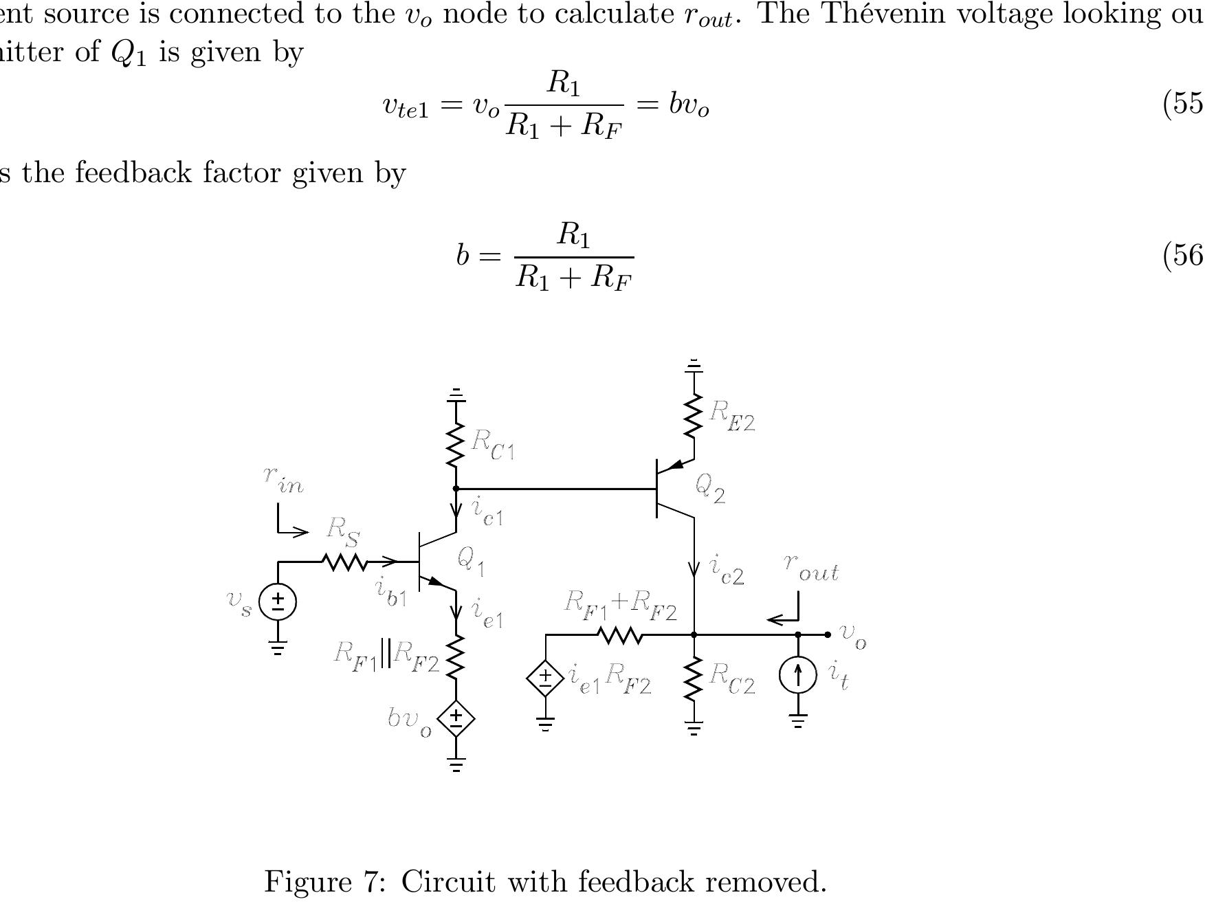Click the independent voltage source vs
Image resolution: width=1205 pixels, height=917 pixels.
[278, 601]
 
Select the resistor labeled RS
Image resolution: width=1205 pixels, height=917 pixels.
[344, 562]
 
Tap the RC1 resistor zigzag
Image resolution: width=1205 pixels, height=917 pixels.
[456, 444]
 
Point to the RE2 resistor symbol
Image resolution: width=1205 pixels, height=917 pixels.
[694, 416]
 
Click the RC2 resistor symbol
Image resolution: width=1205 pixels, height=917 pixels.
[694, 678]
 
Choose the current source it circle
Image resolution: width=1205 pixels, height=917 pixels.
[798, 674]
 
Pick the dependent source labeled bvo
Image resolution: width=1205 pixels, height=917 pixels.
[456, 718]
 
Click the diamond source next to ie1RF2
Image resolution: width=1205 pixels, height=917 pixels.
[545, 678]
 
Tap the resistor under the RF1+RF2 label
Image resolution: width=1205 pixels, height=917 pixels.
[621, 635]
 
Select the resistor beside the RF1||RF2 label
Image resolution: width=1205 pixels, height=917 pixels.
[456, 656]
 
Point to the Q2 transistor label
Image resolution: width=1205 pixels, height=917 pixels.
[710, 488]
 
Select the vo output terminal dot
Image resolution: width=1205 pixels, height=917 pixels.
[828, 634]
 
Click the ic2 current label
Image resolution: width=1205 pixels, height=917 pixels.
[727, 571]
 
